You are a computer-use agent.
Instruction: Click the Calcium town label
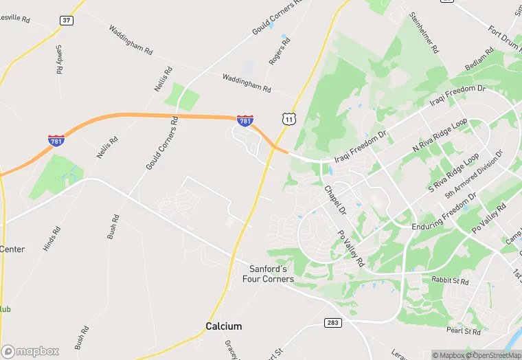[x=224, y=326]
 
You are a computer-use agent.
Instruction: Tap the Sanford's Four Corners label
[x=268, y=274]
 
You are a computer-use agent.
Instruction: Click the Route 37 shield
[x=66, y=21]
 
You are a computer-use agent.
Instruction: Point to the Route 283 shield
[x=333, y=322]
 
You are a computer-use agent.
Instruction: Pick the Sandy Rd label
[x=60, y=60]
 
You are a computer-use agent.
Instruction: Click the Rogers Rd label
[x=278, y=51]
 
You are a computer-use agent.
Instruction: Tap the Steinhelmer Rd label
[x=423, y=32]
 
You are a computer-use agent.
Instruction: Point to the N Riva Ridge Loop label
[x=440, y=135]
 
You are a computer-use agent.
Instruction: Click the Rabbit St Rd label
[x=451, y=281]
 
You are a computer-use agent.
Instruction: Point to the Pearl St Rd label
[x=463, y=331]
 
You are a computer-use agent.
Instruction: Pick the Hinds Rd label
[x=52, y=238]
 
